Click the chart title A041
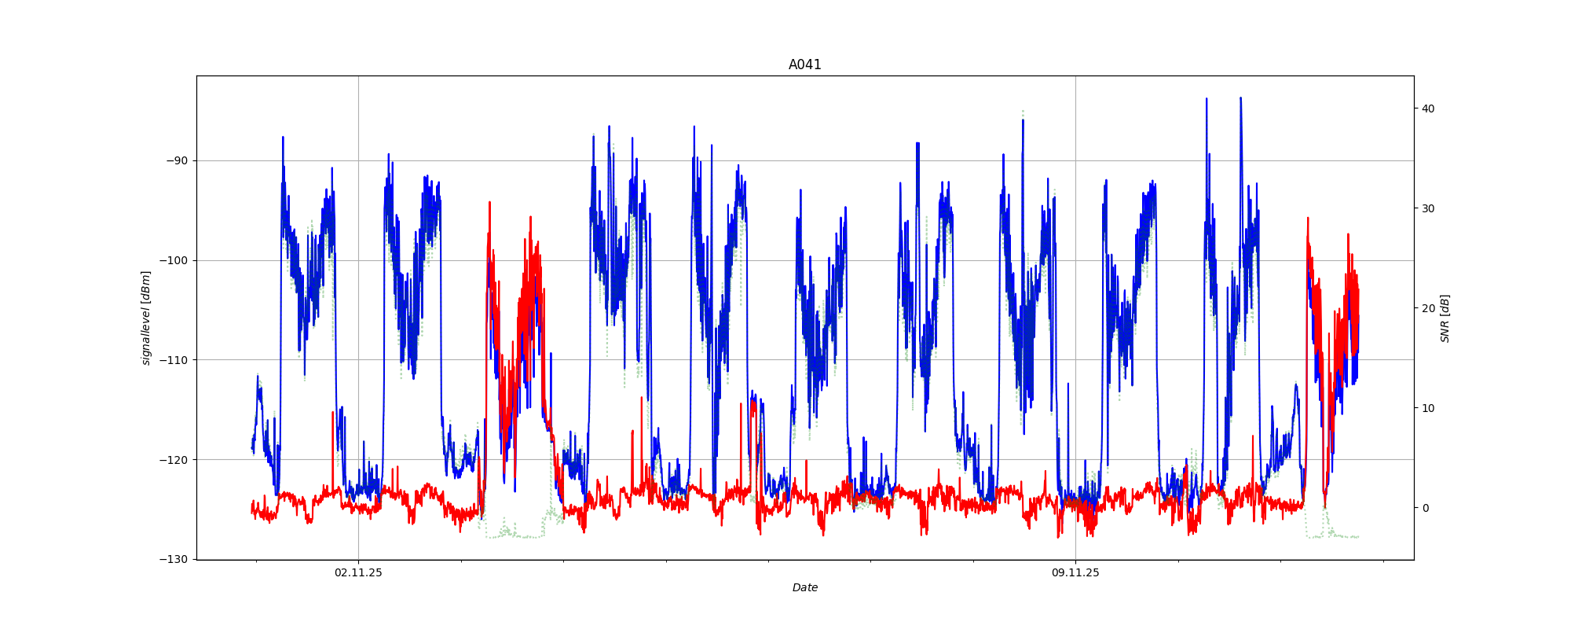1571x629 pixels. [804, 64]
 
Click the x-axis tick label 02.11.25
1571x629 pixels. [358, 572]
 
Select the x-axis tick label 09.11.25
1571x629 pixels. [1075, 572]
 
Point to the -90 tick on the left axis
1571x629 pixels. [178, 160]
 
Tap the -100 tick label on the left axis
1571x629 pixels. [174, 260]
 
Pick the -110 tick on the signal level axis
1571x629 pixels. [174, 360]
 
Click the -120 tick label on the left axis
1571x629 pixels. [174, 460]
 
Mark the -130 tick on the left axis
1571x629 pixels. [174, 559]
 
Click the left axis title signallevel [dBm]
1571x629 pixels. [146, 318]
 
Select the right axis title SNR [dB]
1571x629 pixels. [1445, 318]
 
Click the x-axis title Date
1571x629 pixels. [804, 587]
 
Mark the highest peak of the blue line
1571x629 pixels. [1241, 98]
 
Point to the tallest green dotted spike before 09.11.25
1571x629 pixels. [1023, 112]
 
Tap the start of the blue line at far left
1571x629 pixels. [252, 448]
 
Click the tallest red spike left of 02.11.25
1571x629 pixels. [333, 412]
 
